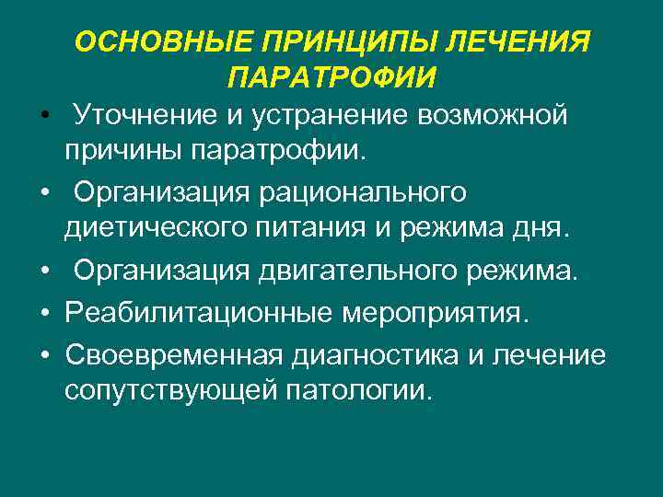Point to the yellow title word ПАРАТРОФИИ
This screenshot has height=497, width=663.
tap(331, 77)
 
